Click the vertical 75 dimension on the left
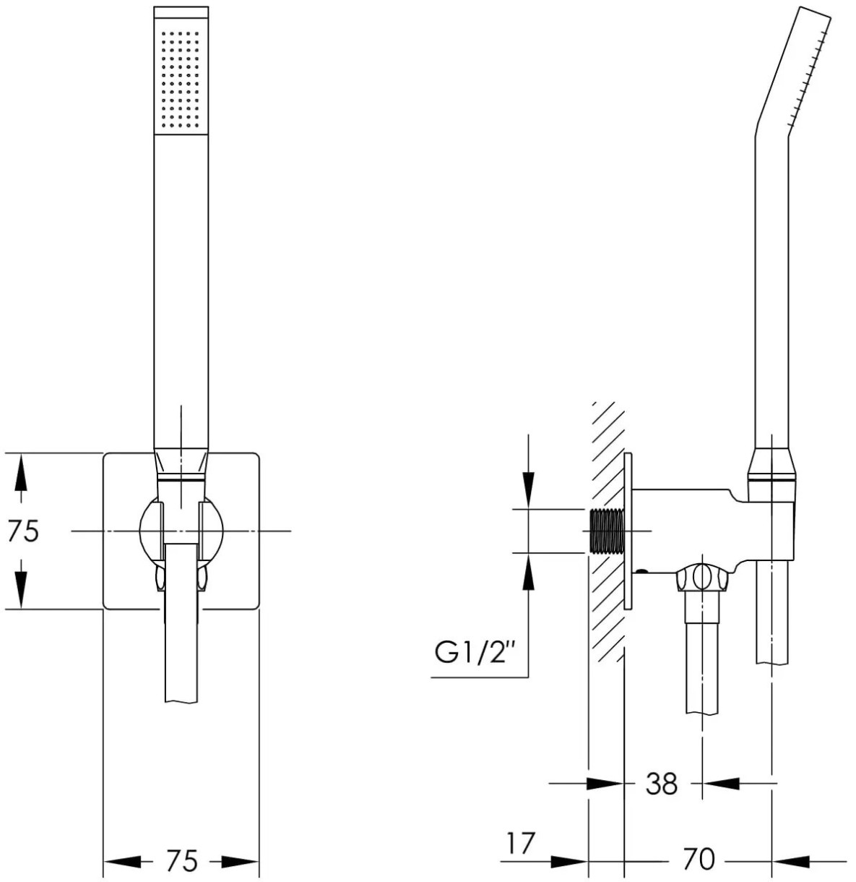23,531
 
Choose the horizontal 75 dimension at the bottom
181,860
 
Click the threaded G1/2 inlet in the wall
606,531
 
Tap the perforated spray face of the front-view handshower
181,79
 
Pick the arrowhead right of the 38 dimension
721,783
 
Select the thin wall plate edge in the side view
628,531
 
